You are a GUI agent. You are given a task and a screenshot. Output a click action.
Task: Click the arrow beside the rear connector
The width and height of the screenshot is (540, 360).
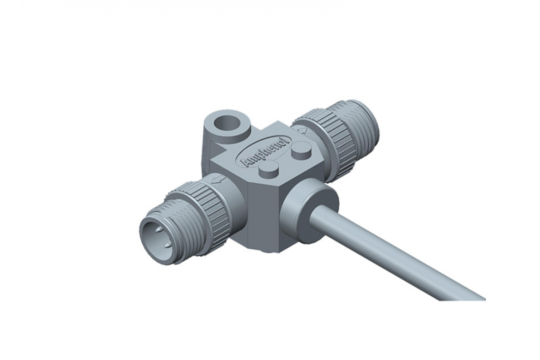point(304,130)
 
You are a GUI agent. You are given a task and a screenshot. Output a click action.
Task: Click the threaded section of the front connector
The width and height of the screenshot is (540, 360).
point(178,222)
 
